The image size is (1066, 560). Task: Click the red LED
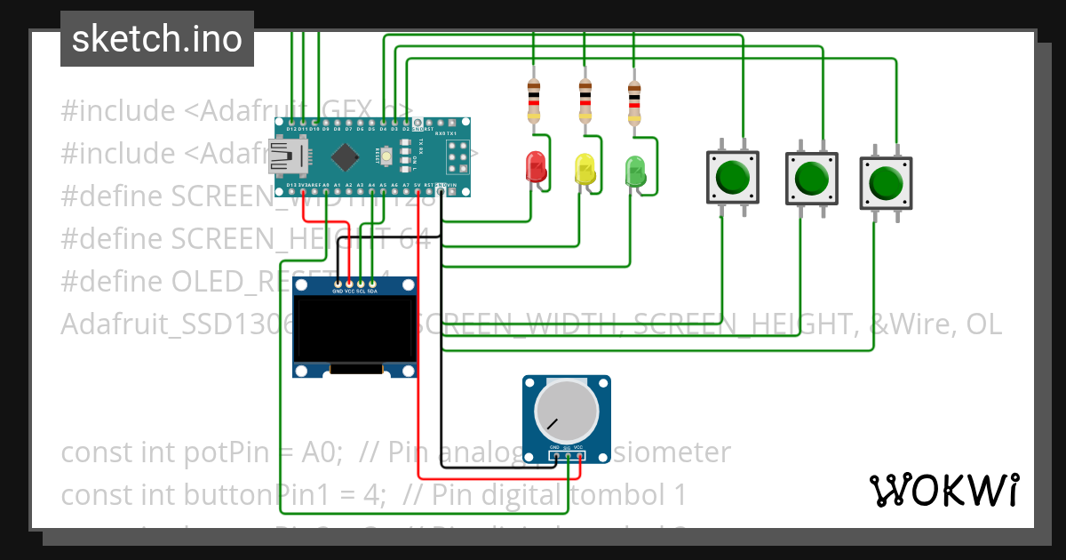coord(536,166)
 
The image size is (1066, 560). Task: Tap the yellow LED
coord(585,168)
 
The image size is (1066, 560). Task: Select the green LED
coord(635,170)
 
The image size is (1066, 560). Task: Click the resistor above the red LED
coord(534,100)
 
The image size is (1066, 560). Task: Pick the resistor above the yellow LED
coord(585,100)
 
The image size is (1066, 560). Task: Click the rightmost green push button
coord(886,182)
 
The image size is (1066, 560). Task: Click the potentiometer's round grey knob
coord(566,412)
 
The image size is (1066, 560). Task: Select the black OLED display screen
coord(354,330)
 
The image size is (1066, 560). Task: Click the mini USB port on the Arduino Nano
coord(283,158)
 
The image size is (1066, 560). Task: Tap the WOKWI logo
coord(943,490)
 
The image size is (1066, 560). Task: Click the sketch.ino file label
coord(156,39)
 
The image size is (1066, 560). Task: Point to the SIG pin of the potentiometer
coord(567,457)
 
